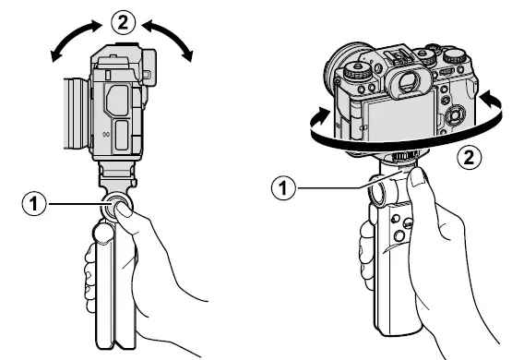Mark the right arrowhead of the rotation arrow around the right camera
tap(484, 93)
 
